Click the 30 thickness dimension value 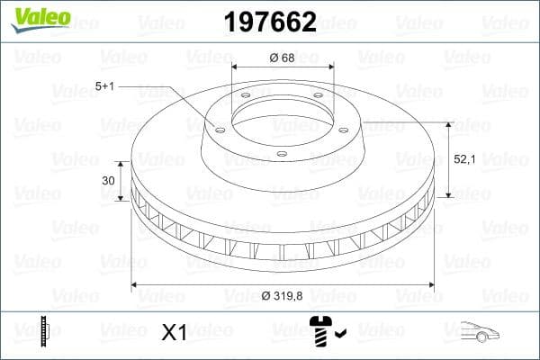109,181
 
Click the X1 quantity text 173,333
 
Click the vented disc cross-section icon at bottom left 43,332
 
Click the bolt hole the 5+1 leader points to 219,128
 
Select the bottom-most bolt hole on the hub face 282,154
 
